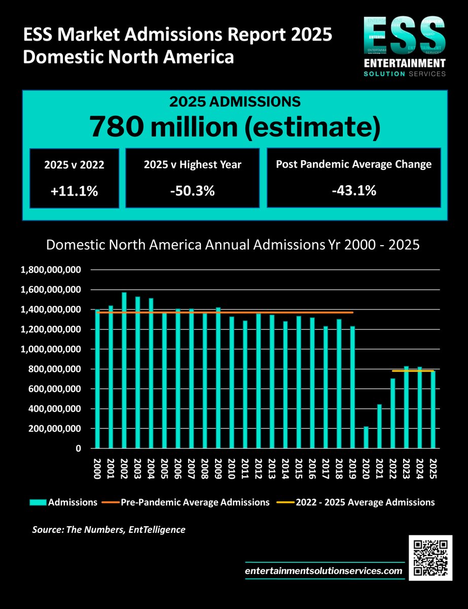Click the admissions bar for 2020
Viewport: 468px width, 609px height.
click(x=367, y=437)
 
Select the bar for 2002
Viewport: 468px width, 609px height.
click(x=124, y=370)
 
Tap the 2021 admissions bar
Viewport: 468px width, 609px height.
click(x=380, y=426)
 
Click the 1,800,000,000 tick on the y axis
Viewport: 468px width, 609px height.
click(x=50, y=270)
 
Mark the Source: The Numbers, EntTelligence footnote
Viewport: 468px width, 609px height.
click(x=109, y=530)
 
